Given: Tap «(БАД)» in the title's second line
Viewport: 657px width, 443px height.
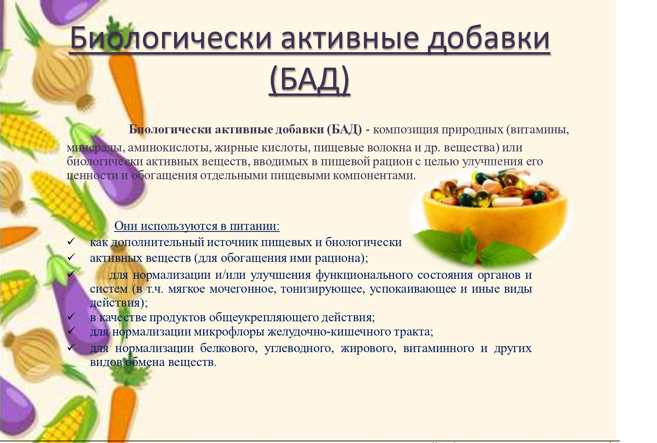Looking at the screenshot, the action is point(310,80).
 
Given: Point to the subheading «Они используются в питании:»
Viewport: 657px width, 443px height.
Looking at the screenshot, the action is point(197,226).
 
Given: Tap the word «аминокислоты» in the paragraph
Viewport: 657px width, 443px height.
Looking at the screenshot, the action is point(170,147).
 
